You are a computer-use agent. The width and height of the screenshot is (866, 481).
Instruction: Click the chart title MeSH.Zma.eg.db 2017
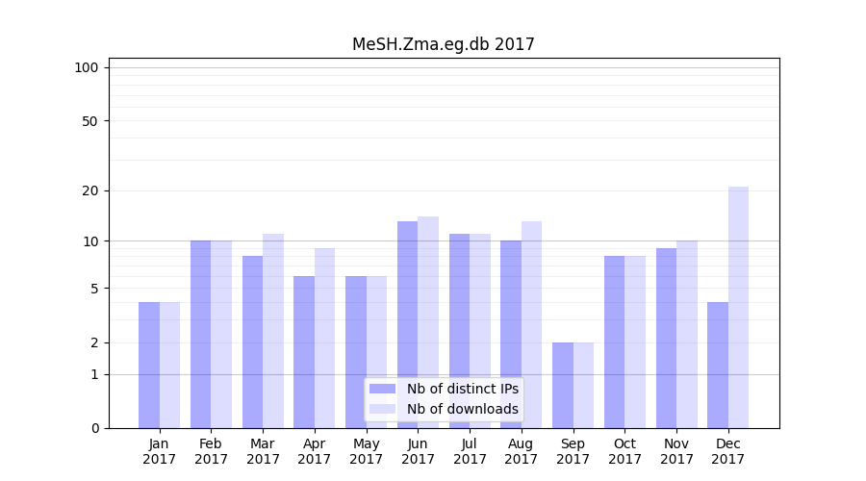click(x=443, y=44)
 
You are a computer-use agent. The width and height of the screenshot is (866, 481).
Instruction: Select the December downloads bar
click(x=738, y=308)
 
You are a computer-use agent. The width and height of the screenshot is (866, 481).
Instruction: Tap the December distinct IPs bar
click(x=718, y=366)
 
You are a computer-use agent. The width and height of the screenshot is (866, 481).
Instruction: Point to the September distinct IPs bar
click(x=563, y=385)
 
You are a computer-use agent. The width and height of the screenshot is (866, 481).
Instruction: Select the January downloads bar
click(x=169, y=366)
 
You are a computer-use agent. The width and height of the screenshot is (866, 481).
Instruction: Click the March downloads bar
click(x=273, y=331)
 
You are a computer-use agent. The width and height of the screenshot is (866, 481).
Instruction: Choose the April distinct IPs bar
click(x=304, y=352)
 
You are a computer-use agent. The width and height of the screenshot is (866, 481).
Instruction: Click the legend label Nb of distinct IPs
click(x=462, y=389)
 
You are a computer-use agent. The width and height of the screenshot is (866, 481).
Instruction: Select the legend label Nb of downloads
click(x=462, y=409)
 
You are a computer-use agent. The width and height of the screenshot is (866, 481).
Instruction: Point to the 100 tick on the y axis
click(x=87, y=67)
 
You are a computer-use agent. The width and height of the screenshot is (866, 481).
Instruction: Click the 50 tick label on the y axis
click(x=90, y=121)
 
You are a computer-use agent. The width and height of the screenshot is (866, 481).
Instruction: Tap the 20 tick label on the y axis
click(x=90, y=190)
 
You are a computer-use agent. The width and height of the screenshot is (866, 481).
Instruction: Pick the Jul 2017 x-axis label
click(x=470, y=451)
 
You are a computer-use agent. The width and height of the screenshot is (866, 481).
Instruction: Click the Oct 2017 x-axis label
click(x=624, y=451)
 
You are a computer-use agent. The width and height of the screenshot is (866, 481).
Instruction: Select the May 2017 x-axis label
click(x=366, y=451)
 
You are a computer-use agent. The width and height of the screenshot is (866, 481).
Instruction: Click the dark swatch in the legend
click(x=382, y=389)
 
